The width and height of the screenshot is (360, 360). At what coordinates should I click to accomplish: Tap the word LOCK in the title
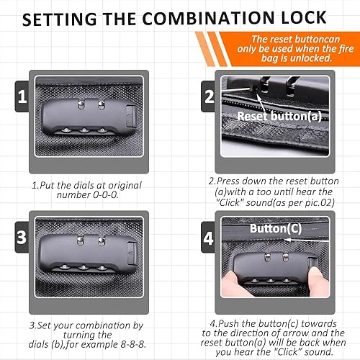click(x=304, y=18)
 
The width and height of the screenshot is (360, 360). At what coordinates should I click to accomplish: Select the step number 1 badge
click(x=22, y=96)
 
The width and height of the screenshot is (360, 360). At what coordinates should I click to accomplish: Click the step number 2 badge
click(x=209, y=96)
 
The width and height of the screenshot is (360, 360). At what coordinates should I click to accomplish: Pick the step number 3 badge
click(x=22, y=237)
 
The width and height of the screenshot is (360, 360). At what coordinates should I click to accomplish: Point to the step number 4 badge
click(x=208, y=238)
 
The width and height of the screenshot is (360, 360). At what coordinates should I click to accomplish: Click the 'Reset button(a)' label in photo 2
click(x=279, y=117)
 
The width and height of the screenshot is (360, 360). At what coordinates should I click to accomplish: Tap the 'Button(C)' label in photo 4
click(x=276, y=228)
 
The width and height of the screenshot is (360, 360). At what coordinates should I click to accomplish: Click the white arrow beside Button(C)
click(x=307, y=240)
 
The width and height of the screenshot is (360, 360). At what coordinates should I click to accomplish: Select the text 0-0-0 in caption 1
click(x=106, y=195)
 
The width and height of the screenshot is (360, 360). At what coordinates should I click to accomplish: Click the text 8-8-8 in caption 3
click(x=133, y=345)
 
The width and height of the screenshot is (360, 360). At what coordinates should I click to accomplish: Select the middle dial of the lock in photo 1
click(x=84, y=130)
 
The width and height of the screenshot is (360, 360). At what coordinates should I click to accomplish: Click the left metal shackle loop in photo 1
click(x=81, y=104)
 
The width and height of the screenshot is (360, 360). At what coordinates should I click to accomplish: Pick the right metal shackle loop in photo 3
click(x=102, y=240)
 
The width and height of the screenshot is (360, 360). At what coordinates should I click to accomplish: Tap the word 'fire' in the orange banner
click(x=346, y=49)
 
